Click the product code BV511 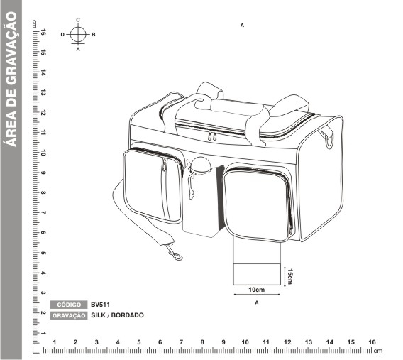(x=100, y=305)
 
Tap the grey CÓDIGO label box (x=69, y=305)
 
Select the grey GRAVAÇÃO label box (x=69, y=315)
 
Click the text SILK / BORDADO (x=117, y=315)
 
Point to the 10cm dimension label (x=257, y=290)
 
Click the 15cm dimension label (x=289, y=277)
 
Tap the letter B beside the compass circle (x=94, y=35)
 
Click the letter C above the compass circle (x=78, y=20)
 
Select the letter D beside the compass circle (x=62, y=35)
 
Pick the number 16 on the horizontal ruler (x=372, y=342)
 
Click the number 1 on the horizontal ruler (x=55, y=342)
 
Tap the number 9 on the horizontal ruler (x=223, y=342)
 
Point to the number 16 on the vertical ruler (x=43, y=33)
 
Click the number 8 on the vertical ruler (x=43, y=192)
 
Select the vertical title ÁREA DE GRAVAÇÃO (x=11, y=80)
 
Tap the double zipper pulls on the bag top (x=212, y=136)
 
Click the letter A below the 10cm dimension (x=257, y=302)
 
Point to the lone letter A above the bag (x=242, y=26)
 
